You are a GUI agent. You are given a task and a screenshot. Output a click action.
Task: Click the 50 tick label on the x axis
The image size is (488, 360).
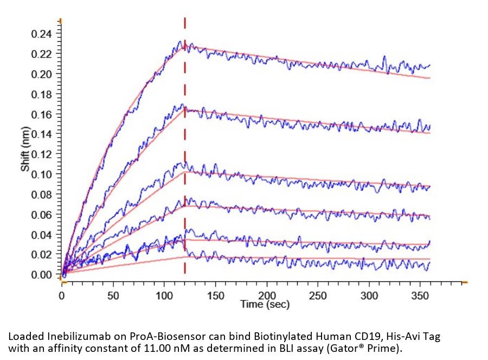point(113,296)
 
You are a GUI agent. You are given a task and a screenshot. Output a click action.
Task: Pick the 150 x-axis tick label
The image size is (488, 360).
point(216,296)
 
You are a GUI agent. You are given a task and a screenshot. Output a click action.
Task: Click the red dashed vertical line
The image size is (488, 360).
point(185,163)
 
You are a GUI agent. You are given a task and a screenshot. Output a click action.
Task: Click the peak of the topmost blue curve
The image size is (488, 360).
point(181,41)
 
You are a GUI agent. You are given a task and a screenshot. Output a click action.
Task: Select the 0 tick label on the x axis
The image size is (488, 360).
point(62,296)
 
